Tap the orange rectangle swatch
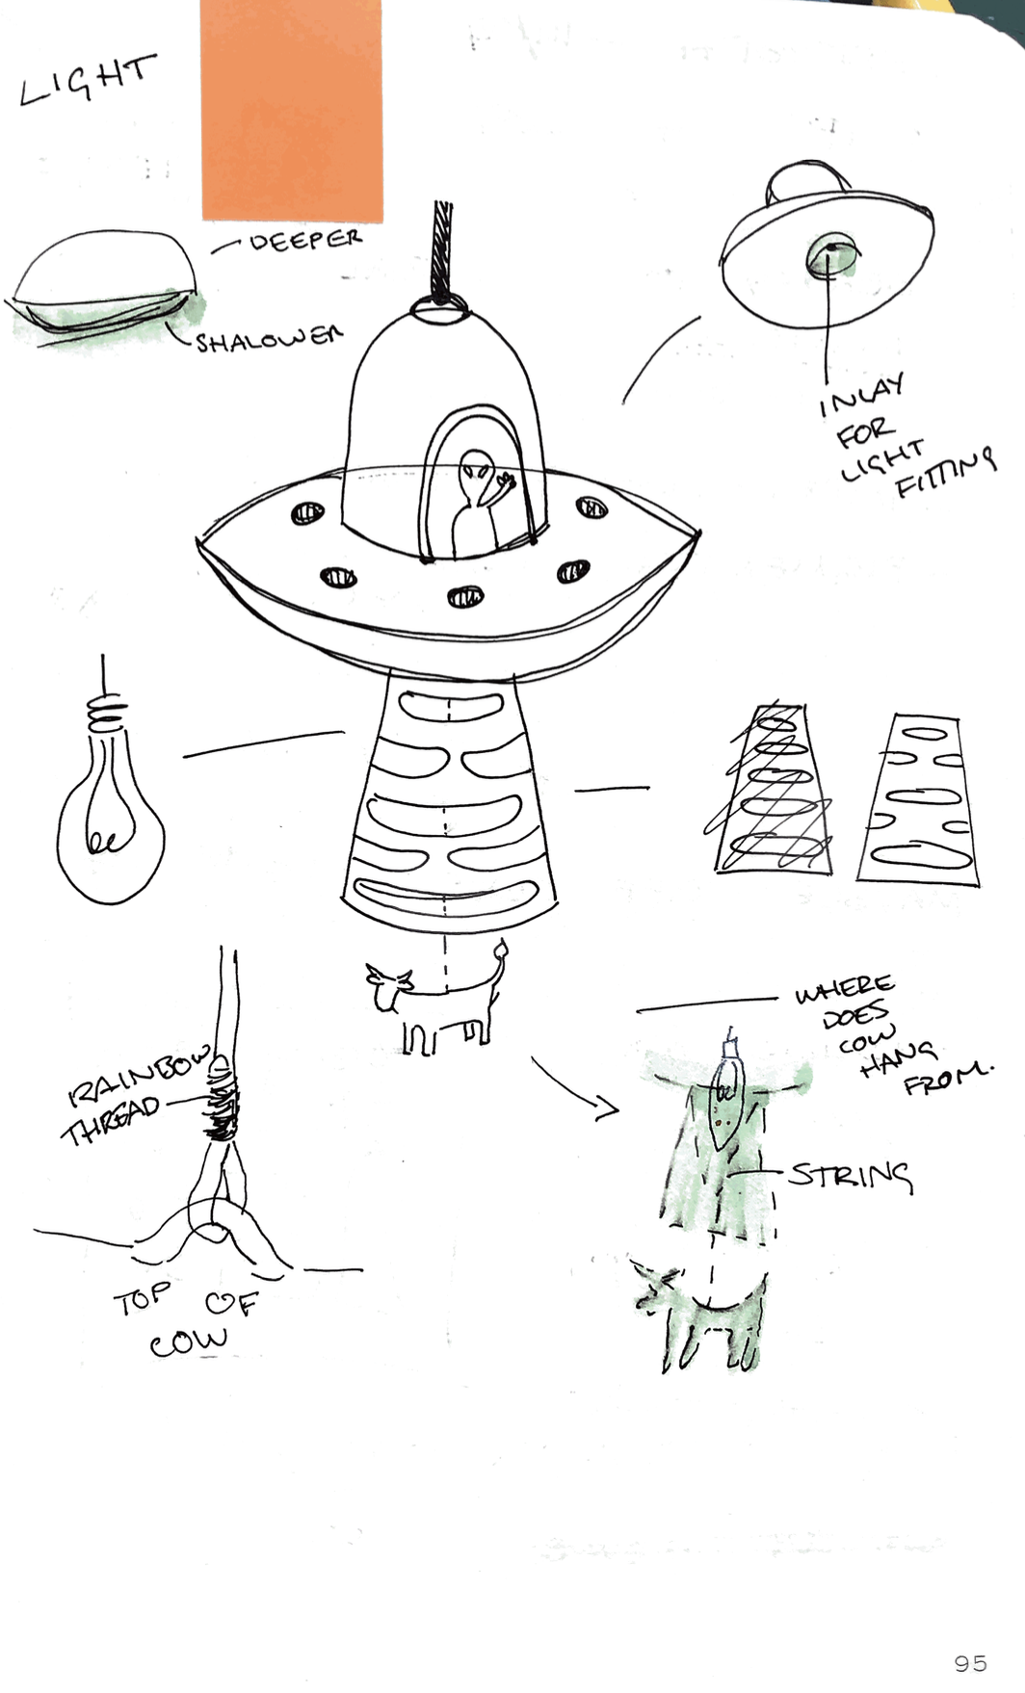tap(292, 110)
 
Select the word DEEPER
tap(305, 239)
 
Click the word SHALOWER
tap(269, 338)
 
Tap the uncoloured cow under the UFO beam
tap(437, 999)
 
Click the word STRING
tap(850, 1176)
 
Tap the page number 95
tap(970, 1663)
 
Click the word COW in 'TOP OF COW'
tap(189, 1341)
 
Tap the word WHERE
tap(844, 989)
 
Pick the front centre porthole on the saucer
tap(465, 598)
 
